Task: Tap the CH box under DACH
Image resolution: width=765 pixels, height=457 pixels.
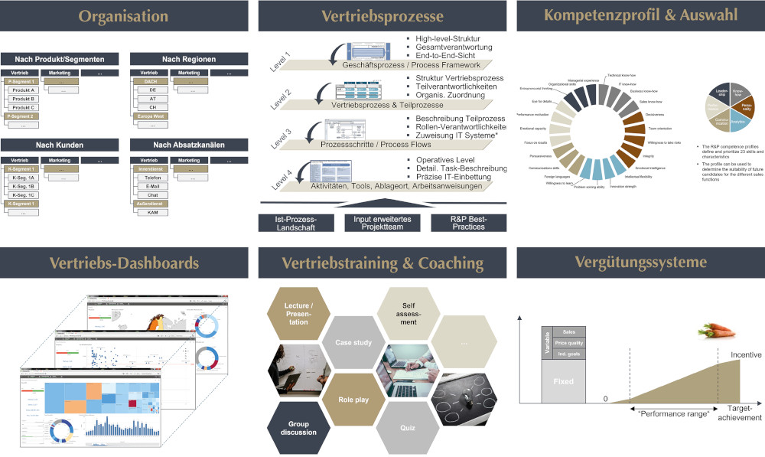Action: pyautogui.click(x=153, y=108)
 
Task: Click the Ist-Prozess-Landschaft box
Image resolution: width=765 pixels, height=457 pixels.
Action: pyautogui.click(x=295, y=222)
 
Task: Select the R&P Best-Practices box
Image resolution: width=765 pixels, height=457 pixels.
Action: pyautogui.click(x=467, y=222)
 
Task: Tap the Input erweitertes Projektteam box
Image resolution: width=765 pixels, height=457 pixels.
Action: pyautogui.click(x=382, y=222)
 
